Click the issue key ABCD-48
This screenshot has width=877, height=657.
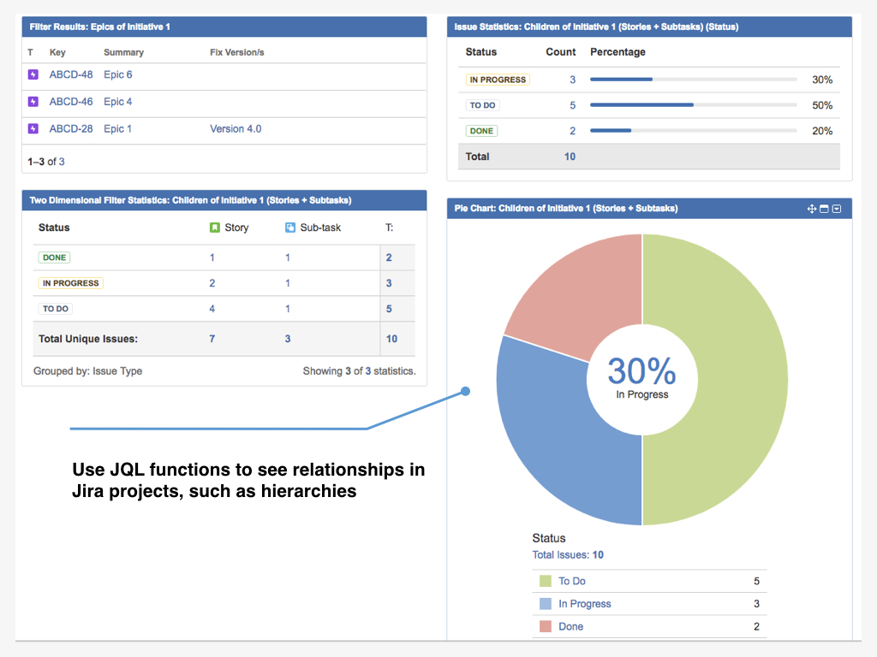coord(71,74)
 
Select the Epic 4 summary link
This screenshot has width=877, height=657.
coord(118,102)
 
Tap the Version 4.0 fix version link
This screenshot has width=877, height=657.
coord(236,129)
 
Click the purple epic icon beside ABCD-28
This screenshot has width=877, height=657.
coord(33,129)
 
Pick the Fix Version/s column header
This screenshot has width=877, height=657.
coord(236,52)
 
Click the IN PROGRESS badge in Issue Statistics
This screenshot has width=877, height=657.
coord(498,80)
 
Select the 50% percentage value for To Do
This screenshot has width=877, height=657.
coord(822,105)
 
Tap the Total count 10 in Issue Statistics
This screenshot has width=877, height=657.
coord(570,157)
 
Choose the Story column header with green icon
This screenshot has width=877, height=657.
coord(230,228)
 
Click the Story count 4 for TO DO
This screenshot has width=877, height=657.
coord(212,309)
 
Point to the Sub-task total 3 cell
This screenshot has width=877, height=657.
coord(288,339)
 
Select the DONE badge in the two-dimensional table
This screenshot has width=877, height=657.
coord(54,257)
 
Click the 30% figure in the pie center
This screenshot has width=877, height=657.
coord(641,372)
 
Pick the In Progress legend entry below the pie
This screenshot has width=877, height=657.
coord(585,604)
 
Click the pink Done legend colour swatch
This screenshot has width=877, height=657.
coord(546,627)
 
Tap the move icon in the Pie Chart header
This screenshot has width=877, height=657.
coord(812,209)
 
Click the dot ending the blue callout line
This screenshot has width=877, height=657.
coord(465,392)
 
